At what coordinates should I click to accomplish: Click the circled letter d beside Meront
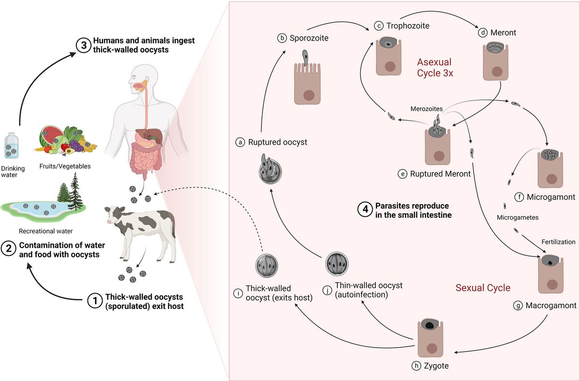point(482,33)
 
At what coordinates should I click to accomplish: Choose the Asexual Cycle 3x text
point(435,68)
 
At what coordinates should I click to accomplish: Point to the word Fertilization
point(558,241)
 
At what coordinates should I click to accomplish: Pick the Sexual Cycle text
point(483,288)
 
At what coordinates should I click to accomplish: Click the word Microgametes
point(517,217)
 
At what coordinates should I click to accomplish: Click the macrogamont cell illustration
point(551,274)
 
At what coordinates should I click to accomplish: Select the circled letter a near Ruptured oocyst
point(240,142)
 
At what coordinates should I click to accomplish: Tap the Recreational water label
point(45,231)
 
